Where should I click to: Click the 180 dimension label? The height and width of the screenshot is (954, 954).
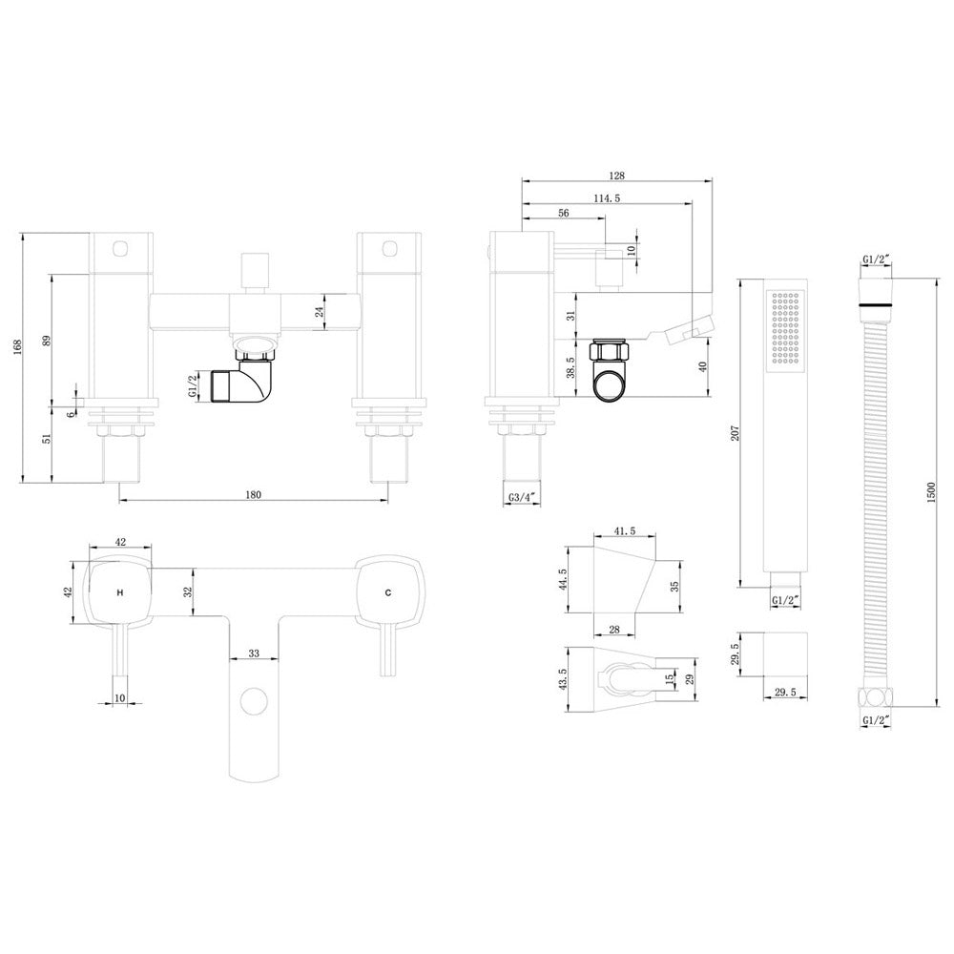253,494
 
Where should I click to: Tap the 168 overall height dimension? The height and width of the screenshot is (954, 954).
17,347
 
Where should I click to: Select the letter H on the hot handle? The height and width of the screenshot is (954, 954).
120,592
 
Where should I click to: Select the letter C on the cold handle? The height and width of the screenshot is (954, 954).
388,592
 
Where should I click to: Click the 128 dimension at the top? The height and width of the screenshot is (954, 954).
617,176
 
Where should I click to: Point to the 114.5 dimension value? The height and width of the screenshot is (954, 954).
607,198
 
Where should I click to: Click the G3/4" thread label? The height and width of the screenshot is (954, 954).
523,497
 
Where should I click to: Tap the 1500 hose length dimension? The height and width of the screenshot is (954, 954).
930,493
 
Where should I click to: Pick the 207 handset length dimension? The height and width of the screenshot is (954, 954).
735,433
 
